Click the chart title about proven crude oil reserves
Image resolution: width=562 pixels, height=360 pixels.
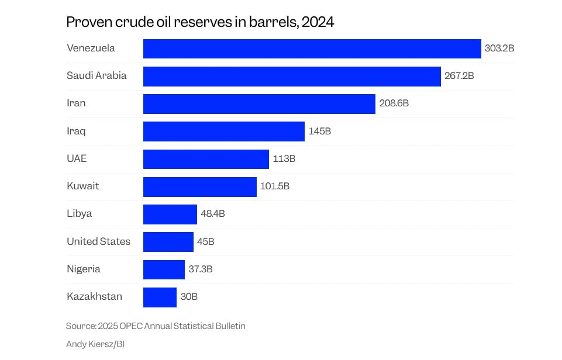pos(200,22)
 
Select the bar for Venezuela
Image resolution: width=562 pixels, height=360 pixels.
pos(312,49)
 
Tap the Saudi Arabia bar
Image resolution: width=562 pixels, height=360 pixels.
pos(292,76)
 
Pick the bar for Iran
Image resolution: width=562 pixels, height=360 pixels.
pos(259,103)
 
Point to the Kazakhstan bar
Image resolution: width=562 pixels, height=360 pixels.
pos(160,297)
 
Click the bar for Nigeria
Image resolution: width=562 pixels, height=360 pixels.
pos(164,269)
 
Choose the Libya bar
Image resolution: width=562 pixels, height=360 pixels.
pos(170,214)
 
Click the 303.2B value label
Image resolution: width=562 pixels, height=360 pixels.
pos(499,49)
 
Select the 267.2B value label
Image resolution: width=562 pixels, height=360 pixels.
pos(458,76)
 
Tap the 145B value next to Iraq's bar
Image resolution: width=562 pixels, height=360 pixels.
pos(319,131)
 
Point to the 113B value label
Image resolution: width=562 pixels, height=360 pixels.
pos(284,159)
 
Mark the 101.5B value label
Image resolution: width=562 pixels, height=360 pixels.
pos(275,186)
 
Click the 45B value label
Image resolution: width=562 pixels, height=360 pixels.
pos(205,242)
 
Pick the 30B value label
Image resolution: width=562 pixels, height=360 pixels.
pos(189,297)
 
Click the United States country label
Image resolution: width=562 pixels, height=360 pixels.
pos(98,241)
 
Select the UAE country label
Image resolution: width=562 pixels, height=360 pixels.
pos(77,158)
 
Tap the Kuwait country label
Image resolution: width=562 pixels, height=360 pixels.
pos(82,186)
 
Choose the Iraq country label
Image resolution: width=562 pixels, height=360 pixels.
pos(76,131)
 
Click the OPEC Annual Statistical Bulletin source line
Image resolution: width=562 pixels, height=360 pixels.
pos(156,326)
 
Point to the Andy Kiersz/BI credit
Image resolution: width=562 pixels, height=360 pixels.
pos(95,344)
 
